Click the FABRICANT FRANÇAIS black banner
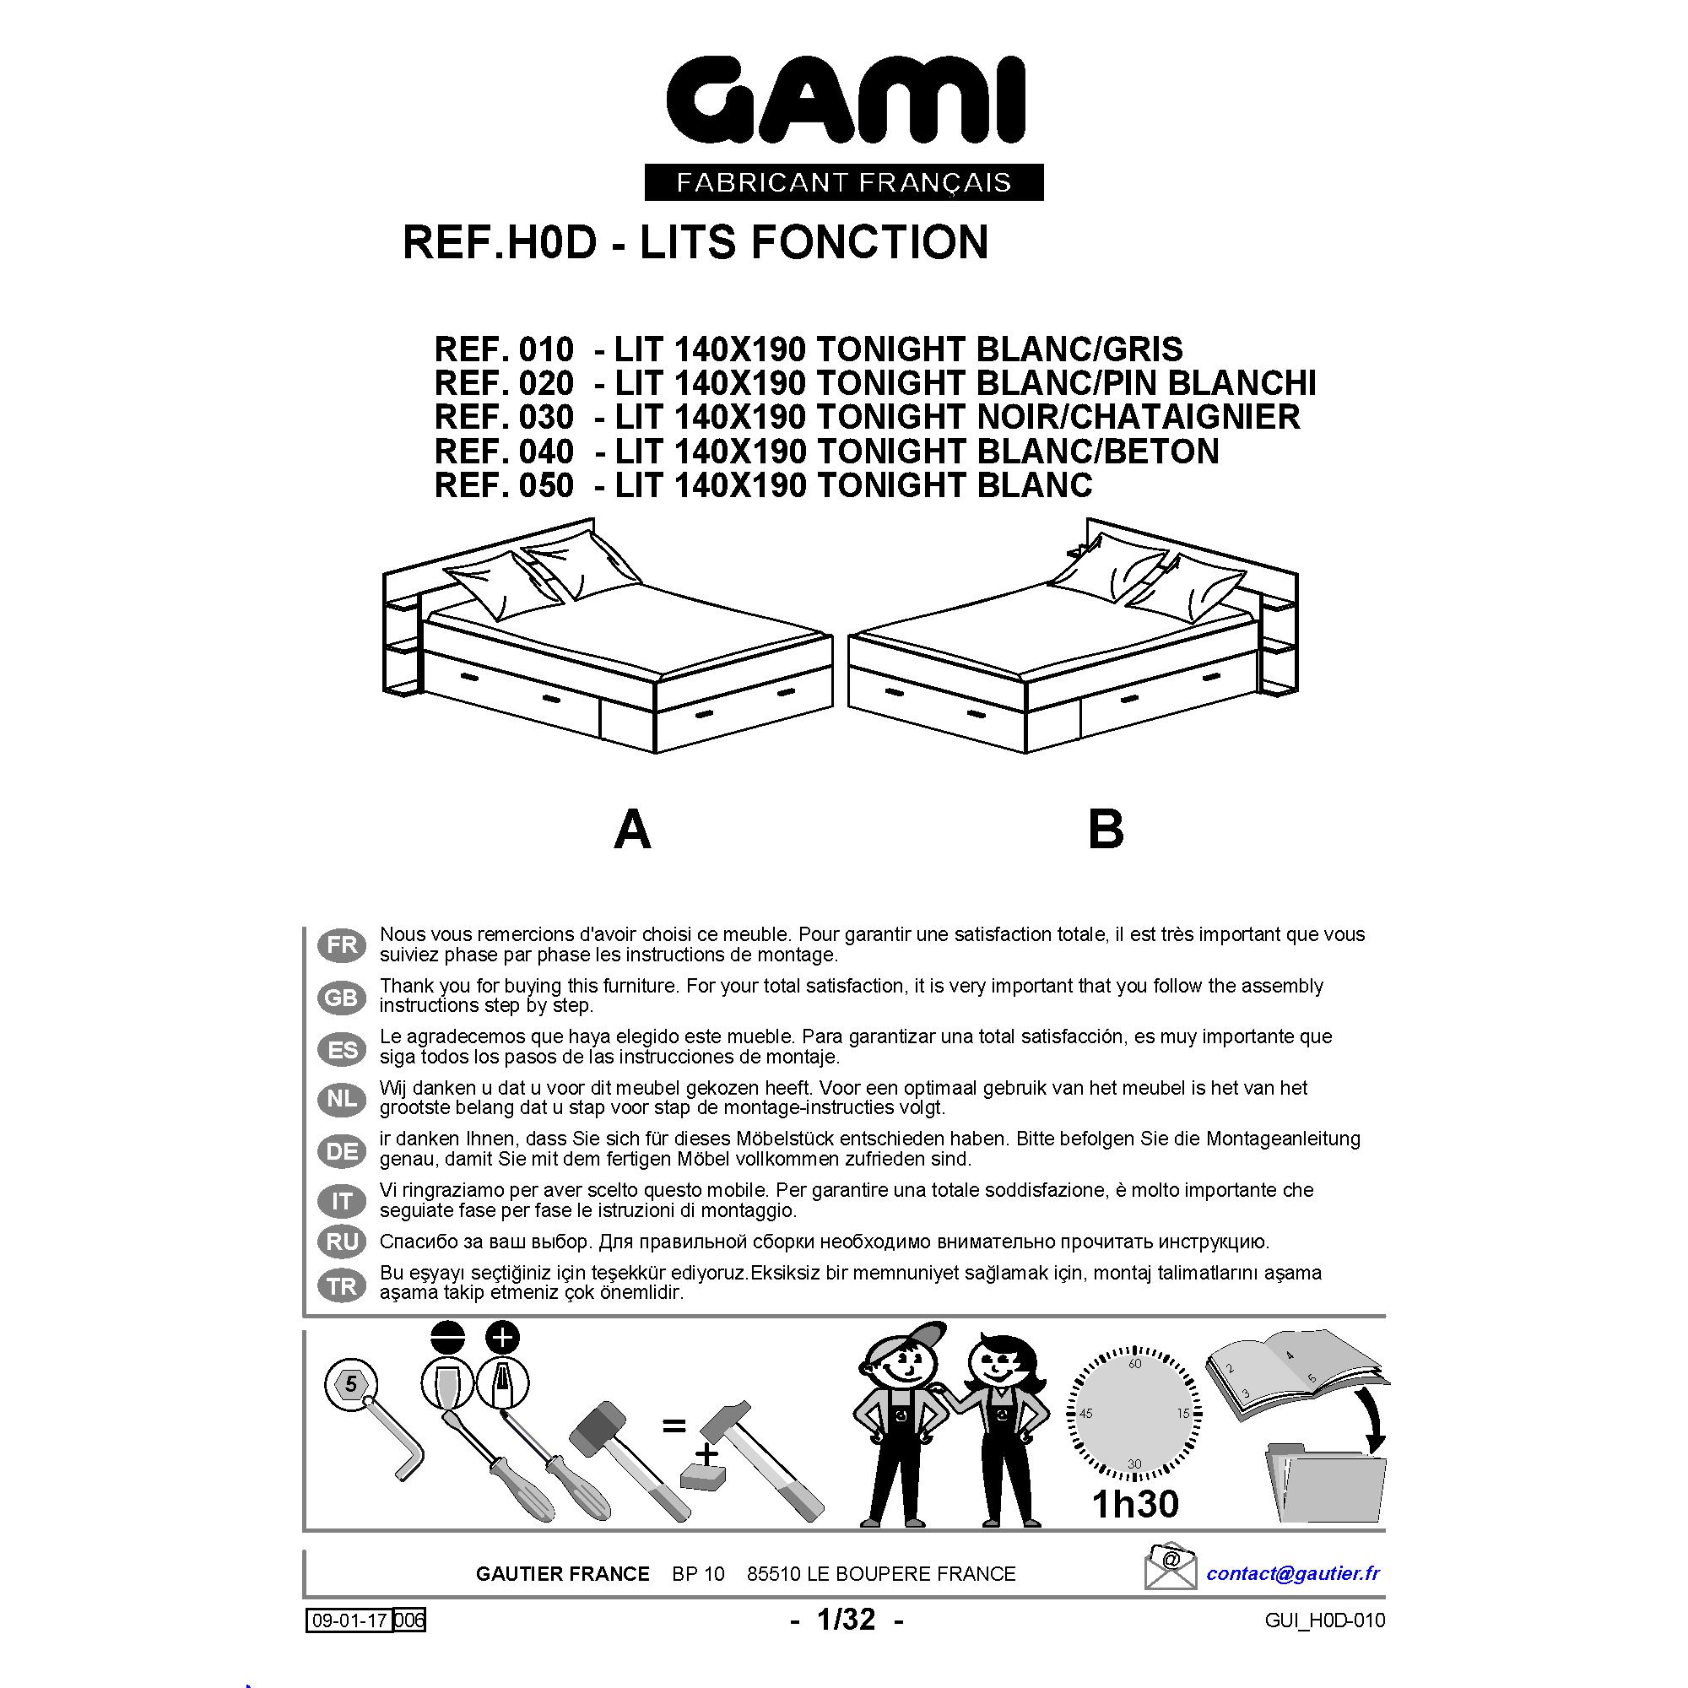(x=844, y=182)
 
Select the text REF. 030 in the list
(x=504, y=417)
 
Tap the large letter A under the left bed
(x=632, y=829)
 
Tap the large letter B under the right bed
(x=1106, y=829)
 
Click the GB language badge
(x=342, y=998)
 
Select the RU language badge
(x=342, y=1242)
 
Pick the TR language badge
(x=342, y=1286)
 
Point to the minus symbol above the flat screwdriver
(x=448, y=1339)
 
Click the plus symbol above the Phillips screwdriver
(x=501, y=1338)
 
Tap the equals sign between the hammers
(x=673, y=1426)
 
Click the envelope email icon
(x=1170, y=1567)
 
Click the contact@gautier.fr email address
(x=1292, y=1572)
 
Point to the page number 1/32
(x=845, y=1619)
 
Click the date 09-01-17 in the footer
(x=349, y=1620)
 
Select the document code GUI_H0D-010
(x=1324, y=1620)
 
